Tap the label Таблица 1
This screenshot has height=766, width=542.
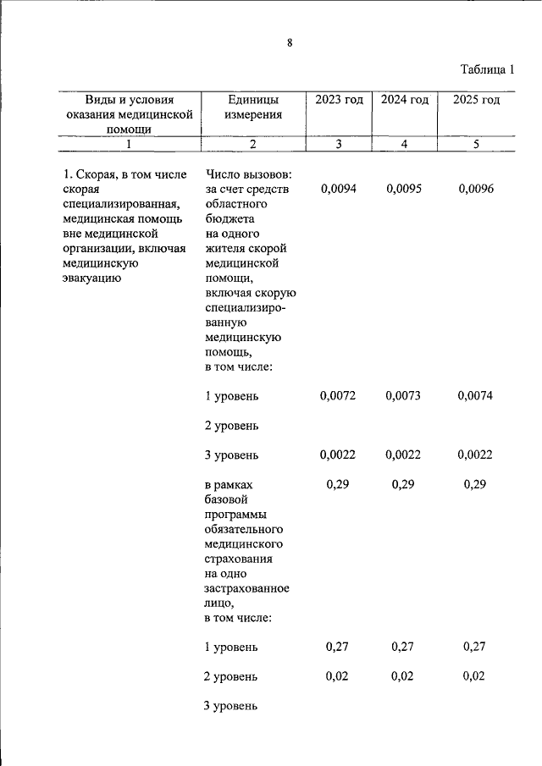click(x=487, y=69)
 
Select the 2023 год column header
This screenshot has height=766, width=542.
click(x=339, y=100)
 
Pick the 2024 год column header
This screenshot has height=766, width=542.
click(x=404, y=100)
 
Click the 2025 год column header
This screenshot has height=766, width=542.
click(x=476, y=100)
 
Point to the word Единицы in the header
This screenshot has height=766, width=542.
click(x=253, y=100)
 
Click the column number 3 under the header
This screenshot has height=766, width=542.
click(x=339, y=144)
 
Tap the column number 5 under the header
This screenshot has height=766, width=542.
click(x=476, y=144)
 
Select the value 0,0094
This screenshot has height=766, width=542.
click(x=338, y=189)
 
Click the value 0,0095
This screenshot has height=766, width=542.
click(x=403, y=189)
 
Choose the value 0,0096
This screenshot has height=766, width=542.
click(x=475, y=189)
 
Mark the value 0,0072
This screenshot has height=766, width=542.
click(x=338, y=396)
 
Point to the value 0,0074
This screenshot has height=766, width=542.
click(x=475, y=396)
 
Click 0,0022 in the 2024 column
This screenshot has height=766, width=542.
click(x=403, y=455)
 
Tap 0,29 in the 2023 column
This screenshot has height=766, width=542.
click(x=338, y=485)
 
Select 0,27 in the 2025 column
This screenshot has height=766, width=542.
click(x=475, y=648)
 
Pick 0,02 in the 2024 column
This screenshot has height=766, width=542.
click(x=403, y=677)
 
